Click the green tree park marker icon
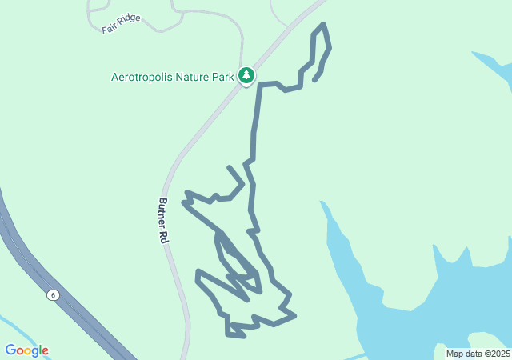pyautogui.click(x=246, y=76)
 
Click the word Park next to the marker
pyautogui.click(x=224, y=78)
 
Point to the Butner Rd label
pyautogui.click(x=163, y=221)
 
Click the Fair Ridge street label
pyautogui.click(x=121, y=23)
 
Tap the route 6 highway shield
pyautogui.click(x=53, y=295)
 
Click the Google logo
pyautogui.click(x=26, y=350)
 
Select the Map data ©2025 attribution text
pyautogui.click(x=478, y=354)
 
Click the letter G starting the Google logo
pyautogui.click(x=10, y=350)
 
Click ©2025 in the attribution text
pyautogui.click(x=497, y=354)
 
